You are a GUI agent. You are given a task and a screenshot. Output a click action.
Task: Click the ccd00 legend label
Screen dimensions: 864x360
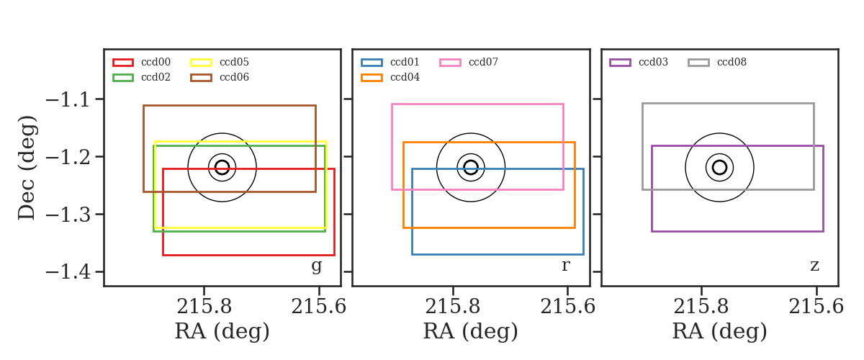tap(156, 62)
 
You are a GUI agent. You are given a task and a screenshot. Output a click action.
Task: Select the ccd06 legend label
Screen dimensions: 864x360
tap(234, 77)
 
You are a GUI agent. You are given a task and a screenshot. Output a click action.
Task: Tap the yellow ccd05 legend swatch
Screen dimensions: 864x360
tap(201, 63)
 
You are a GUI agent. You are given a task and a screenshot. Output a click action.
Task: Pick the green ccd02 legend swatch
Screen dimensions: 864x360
tap(123, 78)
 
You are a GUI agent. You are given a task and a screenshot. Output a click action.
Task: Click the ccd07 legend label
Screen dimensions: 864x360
tap(483, 62)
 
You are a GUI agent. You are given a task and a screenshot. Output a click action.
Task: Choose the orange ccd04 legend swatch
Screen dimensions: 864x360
tap(372, 78)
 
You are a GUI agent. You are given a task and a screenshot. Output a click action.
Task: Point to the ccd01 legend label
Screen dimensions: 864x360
tap(405, 62)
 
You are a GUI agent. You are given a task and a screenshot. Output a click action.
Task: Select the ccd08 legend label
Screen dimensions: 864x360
tap(732, 62)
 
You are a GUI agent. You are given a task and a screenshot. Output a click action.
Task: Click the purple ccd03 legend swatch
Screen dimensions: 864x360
tap(620, 63)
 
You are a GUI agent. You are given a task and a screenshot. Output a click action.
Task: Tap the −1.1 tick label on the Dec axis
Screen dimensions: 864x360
tap(68, 100)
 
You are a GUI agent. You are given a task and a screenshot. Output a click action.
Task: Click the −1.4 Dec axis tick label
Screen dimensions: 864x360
tap(68, 272)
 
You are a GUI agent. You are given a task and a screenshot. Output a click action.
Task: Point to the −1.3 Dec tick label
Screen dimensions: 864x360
tap(68, 215)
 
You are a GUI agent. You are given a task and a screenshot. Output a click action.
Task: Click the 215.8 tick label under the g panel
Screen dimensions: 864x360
tap(204, 307)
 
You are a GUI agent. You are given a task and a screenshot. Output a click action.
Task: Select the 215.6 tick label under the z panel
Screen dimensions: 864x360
tap(816, 307)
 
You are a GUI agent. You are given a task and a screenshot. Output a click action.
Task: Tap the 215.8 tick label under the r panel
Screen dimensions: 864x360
tap(452, 307)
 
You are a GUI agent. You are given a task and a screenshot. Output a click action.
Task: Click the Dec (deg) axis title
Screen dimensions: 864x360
tap(28, 168)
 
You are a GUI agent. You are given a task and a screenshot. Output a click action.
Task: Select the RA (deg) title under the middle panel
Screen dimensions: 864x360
tap(471, 332)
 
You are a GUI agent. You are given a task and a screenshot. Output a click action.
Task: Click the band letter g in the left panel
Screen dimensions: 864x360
tap(316, 266)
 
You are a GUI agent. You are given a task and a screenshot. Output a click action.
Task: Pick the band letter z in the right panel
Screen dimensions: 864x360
tap(814, 266)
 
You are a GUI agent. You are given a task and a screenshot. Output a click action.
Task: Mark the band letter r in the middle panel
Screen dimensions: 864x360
tap(565, 266)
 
